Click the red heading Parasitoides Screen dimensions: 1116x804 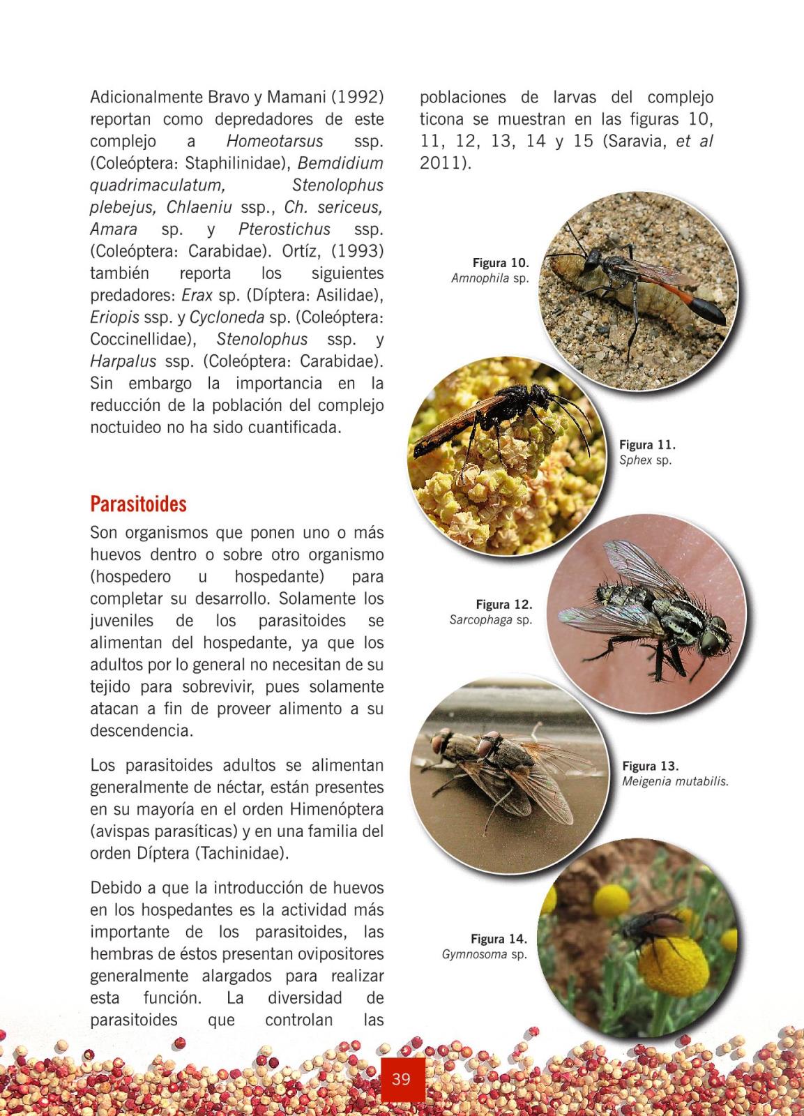pos(138,504)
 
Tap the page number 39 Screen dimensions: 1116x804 pos(401,1079)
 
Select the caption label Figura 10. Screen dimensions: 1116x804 pos(501,263)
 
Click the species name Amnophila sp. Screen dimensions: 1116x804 pos(490,278)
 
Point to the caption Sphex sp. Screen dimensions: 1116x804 pos(645,460)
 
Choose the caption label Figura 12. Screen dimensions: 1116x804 pos(503,604)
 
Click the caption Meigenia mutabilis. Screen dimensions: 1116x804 pos(675,781)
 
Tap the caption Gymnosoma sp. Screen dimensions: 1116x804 pos(484,954)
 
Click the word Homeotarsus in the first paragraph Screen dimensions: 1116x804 pos(275,141)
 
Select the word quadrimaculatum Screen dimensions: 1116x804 pos(158,185)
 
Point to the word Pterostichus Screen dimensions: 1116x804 pos(285,229)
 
